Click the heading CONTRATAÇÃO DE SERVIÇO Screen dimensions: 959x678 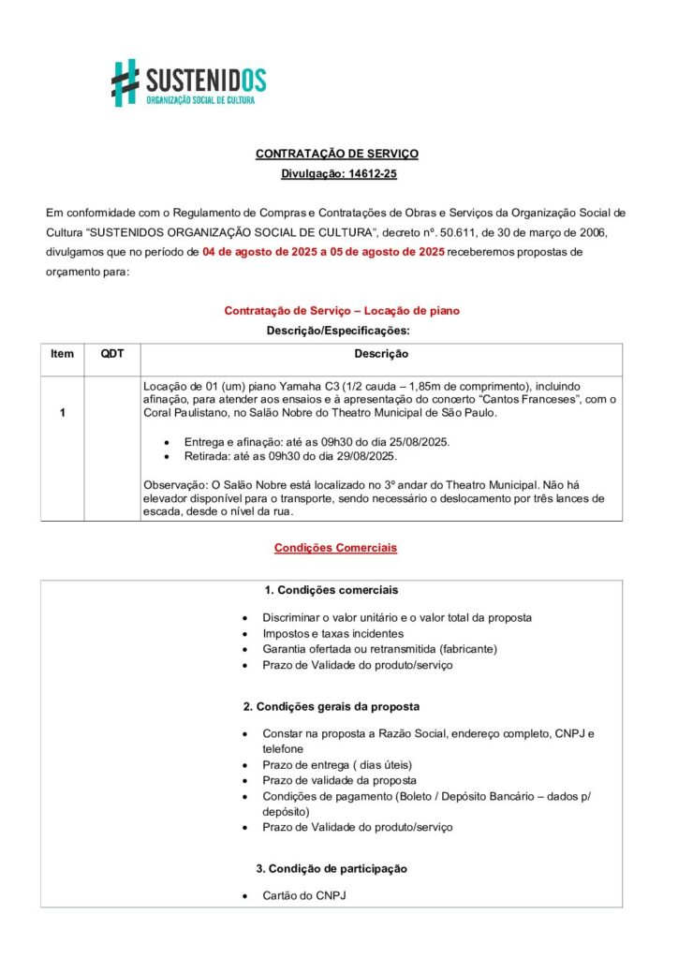click(x=337, y=154)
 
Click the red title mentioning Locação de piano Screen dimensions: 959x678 click(x=342, y=311)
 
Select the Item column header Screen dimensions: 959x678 click(x=62, y=354)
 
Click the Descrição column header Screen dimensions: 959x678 click(x=380, y=354)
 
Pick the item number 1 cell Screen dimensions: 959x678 click(x=62, y=413)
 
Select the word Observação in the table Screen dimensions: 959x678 click(x=175, y=484)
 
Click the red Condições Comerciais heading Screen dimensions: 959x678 click(x=335, y=548)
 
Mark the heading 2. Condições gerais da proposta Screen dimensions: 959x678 click(x=332, y=706)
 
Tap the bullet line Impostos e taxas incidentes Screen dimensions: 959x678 click(x=320, y=634)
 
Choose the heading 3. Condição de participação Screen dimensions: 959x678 click(x=332, y=869)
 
